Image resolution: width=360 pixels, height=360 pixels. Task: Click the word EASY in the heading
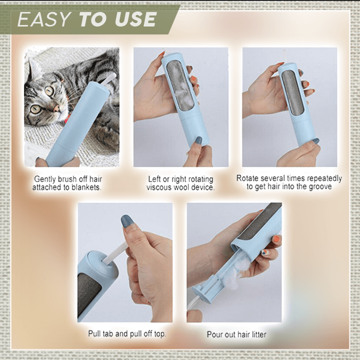click(44, 19)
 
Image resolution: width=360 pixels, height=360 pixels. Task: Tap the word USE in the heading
click(136, 19)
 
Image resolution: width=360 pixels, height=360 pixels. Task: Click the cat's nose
click(56, 108)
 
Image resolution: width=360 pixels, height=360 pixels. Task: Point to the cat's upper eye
click(49, 91)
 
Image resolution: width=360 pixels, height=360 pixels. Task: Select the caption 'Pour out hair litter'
click(236, 334)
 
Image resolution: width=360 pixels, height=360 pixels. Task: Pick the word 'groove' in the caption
click(320, 186)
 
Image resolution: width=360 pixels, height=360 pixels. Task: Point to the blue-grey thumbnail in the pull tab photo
click(128, 221)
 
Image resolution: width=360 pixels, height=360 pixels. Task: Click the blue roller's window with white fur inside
click(179, 85)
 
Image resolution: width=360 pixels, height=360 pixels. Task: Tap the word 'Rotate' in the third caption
click(247, 178)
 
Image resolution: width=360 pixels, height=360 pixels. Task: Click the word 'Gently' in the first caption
click(45, 179)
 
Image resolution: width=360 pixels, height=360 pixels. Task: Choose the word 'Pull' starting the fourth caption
click(94, 333)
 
